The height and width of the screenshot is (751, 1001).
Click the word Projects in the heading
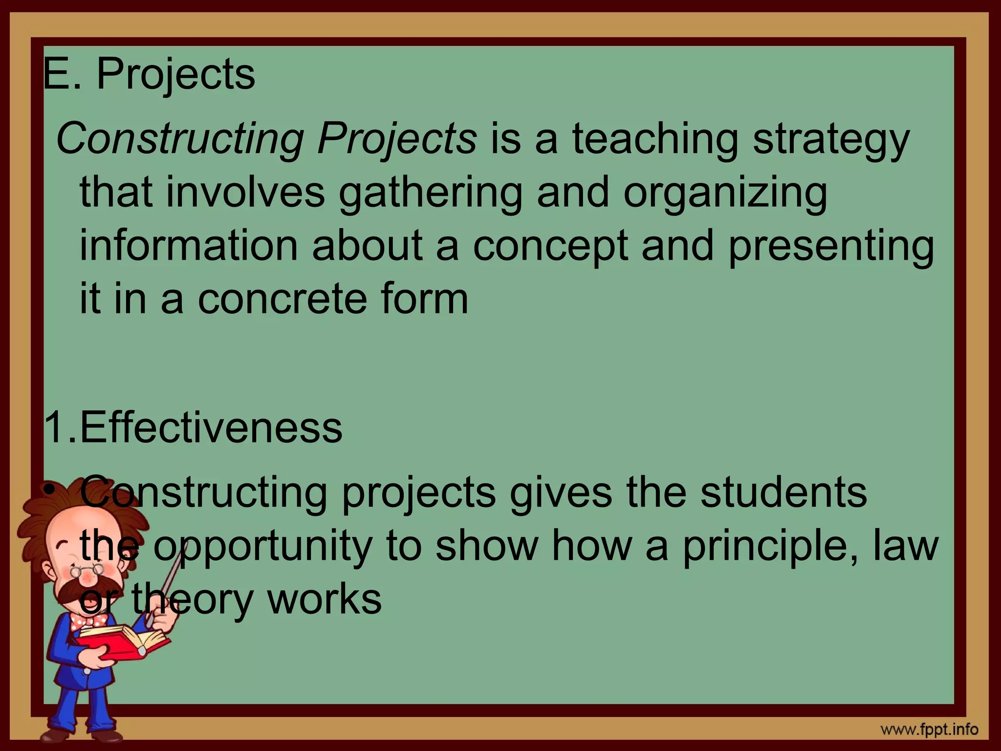tap(175, 75)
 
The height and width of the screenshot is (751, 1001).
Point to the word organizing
tap(725, 193)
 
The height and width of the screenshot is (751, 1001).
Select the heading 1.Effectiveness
tap(194, 427)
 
